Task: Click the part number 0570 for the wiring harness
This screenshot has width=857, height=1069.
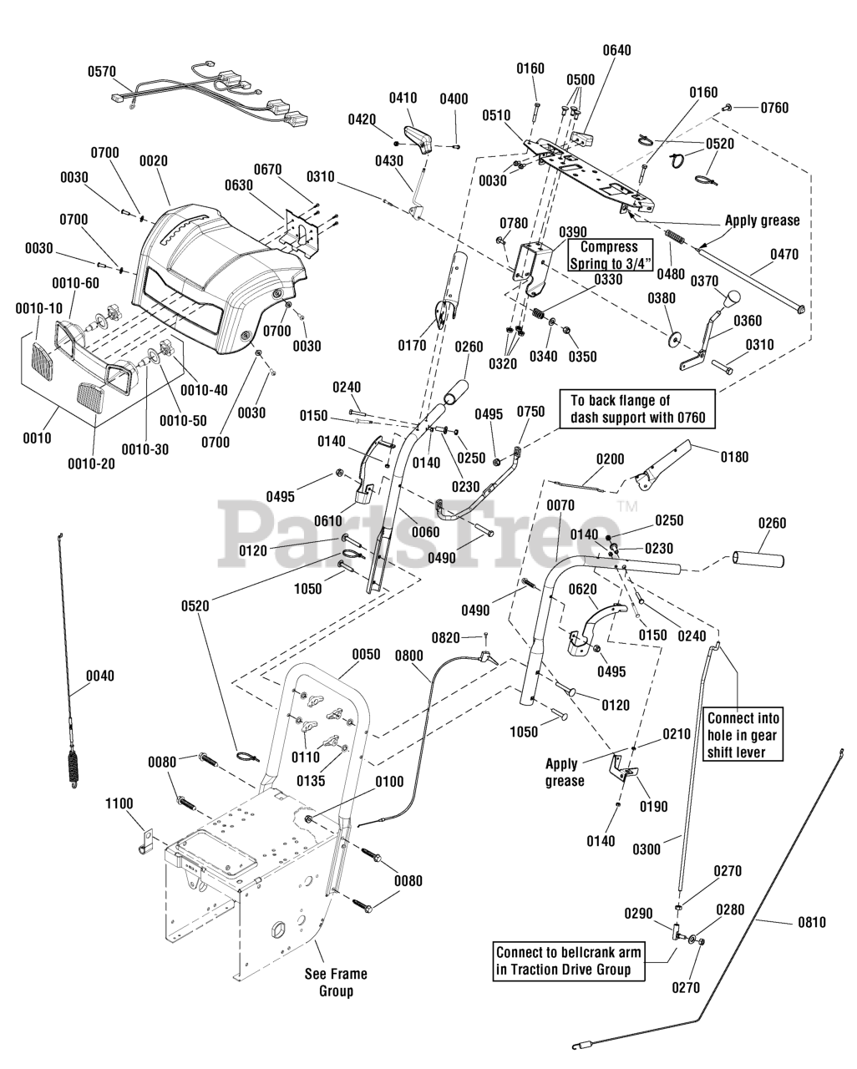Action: click(x=102, y=72)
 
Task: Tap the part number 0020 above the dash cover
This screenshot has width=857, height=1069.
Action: click(x=154, y=161)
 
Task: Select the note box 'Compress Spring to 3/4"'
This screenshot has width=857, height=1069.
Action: click(x=610, y=256)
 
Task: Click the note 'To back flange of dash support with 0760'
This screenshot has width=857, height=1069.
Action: click(x=637, y=409)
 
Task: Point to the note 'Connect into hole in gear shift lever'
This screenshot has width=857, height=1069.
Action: click(x=743, y=734)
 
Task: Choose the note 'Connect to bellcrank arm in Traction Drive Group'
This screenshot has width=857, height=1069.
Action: click(x=569, y=962)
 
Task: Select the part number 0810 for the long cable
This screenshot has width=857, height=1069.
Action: click(x=812, y=923)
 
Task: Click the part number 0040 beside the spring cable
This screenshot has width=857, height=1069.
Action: click(x=100, y=676)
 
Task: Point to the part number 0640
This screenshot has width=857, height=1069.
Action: click(x=616, y=51)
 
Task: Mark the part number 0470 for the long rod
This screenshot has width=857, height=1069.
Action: click(x=784, y=255)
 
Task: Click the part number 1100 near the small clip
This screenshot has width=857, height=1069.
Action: click(x=119, y=803)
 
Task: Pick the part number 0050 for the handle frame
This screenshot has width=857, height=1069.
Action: click(x=366, y=654)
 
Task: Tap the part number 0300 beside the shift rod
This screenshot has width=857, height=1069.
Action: click(x=647, y=849)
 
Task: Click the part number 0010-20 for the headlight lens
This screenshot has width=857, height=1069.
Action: click(x=91, y=464)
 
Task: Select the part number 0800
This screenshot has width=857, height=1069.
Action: click(x=409, y=656)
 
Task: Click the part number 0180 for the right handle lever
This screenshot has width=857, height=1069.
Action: click(x=734, y=457)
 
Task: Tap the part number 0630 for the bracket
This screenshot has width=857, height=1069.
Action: click(x=238, y=185)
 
